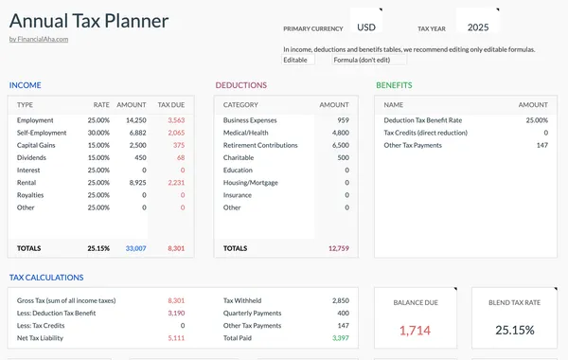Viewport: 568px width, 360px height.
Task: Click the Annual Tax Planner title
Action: (89, 20)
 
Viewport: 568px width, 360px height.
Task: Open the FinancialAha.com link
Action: (39, 39)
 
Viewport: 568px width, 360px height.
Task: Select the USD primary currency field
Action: (365, 27)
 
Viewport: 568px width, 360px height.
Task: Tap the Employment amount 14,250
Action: (135, 120)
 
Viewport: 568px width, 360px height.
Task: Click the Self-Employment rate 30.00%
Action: (98, 133)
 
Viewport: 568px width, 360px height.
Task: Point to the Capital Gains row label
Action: (39, 145)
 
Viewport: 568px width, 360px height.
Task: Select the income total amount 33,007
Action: (135, 248)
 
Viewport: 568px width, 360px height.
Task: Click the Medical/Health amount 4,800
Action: (341, 133)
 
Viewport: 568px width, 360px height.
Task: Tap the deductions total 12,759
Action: (338, 248)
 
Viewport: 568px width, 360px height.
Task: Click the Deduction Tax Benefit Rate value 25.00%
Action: (536, 120)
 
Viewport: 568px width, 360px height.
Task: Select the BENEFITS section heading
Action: (394, 85)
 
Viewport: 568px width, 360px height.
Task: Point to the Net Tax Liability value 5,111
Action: (175, 337)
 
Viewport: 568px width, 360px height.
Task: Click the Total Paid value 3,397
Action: (340, 337)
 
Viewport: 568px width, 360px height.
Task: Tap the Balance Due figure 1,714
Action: (414, 330)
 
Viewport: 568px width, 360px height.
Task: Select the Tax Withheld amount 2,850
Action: (340, 300)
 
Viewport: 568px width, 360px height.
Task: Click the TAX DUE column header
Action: (171, 104)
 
